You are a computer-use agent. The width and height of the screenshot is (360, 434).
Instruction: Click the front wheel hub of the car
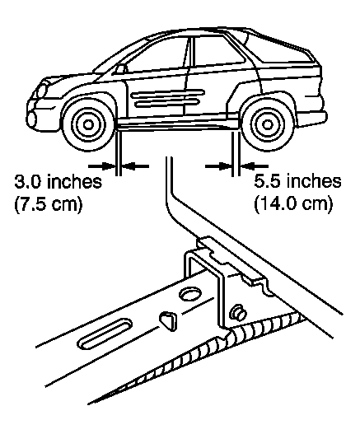(88, 125)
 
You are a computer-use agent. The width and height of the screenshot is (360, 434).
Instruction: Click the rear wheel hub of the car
(267, 125)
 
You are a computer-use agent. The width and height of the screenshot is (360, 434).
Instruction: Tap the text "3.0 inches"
(58, 181)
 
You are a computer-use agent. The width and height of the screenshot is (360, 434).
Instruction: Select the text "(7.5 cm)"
(49, 205)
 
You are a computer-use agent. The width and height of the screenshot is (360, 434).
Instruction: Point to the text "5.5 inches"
(297, 181)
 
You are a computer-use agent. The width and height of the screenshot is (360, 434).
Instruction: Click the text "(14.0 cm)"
(293, 205)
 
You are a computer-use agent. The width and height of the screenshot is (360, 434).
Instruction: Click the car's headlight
(42, 90)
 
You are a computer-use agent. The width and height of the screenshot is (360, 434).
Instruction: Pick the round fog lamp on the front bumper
(31, 119)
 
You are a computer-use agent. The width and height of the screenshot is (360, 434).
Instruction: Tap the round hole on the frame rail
(190, 294)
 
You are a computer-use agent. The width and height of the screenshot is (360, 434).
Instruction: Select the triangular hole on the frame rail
(168, 320)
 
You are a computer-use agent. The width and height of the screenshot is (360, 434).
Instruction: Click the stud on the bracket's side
(237, 312)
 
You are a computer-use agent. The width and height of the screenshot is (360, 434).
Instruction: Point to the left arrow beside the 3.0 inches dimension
(102, 166)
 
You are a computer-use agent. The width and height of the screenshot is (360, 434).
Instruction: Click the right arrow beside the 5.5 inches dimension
(254, 166)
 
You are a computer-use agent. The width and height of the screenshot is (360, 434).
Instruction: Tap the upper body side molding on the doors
(168, 93)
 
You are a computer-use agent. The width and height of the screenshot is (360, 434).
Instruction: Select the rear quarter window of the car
(280, 49)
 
